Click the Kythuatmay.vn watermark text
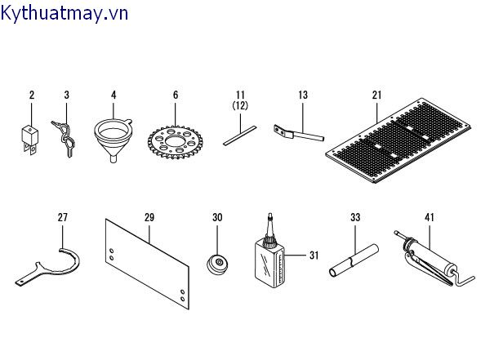coord(65,12)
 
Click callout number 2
coord(32,96)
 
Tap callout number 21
coord(376,96)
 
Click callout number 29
coord(149,217)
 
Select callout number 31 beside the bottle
coord(313,255)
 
